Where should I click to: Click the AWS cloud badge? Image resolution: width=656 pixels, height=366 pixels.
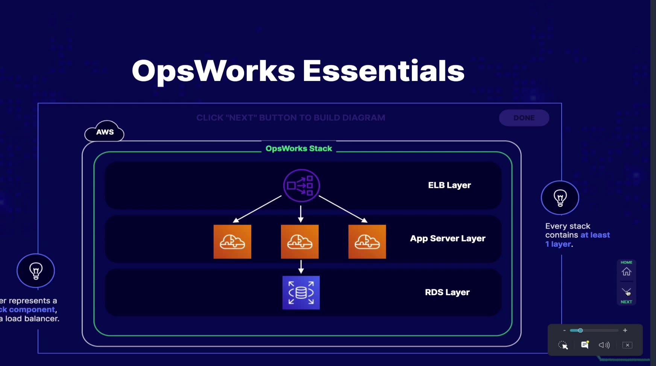105,132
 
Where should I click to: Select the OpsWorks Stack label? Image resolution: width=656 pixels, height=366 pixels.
299,148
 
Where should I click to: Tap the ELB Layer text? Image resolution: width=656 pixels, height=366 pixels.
449,185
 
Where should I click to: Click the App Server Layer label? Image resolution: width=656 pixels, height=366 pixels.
448,238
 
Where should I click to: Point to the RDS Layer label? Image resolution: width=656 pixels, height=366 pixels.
447,292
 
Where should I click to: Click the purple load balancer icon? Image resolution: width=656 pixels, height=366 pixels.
301,186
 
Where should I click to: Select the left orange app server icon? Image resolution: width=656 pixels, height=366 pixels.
232,242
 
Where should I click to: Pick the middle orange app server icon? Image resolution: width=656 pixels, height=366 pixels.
300,242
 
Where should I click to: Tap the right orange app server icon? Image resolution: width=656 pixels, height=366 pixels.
367,242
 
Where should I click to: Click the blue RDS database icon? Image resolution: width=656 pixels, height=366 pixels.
301,293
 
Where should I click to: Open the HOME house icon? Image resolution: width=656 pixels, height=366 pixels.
626,271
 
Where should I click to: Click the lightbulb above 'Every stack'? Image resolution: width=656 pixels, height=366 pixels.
560,198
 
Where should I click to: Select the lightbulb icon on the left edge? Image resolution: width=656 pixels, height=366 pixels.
36,271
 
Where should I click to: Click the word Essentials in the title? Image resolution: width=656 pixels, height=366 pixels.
384,71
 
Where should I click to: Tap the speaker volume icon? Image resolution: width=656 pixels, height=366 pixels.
604,345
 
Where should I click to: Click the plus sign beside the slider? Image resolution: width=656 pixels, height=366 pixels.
625,330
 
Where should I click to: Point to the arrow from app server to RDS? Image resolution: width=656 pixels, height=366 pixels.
301,267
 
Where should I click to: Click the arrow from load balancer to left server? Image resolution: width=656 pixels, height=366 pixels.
257,209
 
